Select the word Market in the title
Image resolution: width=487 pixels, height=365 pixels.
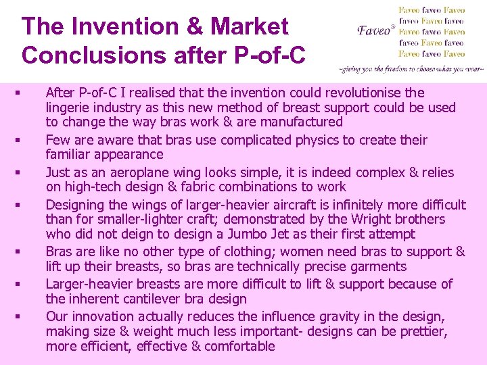click(x=250, y=27)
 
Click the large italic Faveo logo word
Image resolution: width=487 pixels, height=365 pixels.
click(x=373, y=30)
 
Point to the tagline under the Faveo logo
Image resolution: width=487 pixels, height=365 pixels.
click(x=411, y=69)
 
